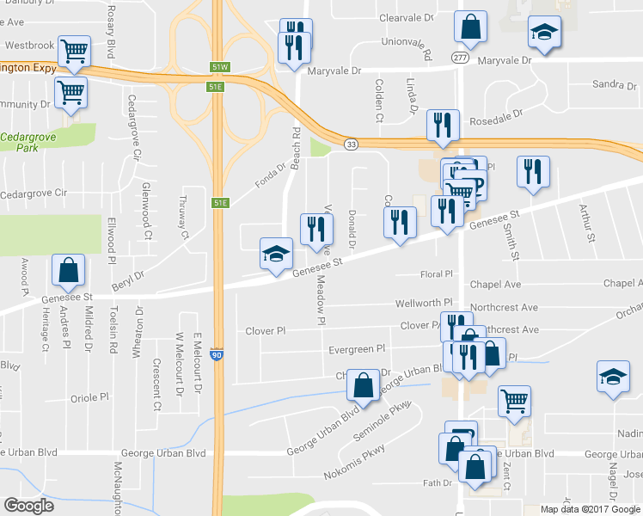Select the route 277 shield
click(462, 58)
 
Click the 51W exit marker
click(219, 67)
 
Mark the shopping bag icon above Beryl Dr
click(68, 270)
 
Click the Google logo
click(29, 505)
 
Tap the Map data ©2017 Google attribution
click(590, 509)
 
